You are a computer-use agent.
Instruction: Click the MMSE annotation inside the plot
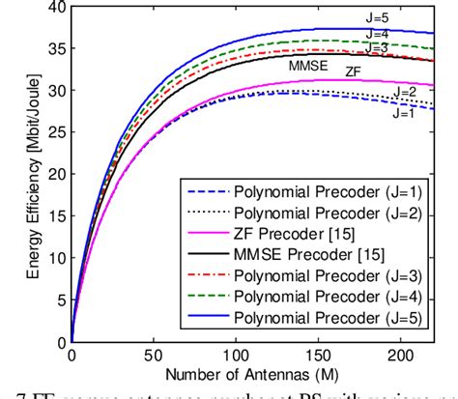pos(308,68)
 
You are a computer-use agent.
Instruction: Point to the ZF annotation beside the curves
pos(356,71)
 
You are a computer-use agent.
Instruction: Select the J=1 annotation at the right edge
pos(406,112)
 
